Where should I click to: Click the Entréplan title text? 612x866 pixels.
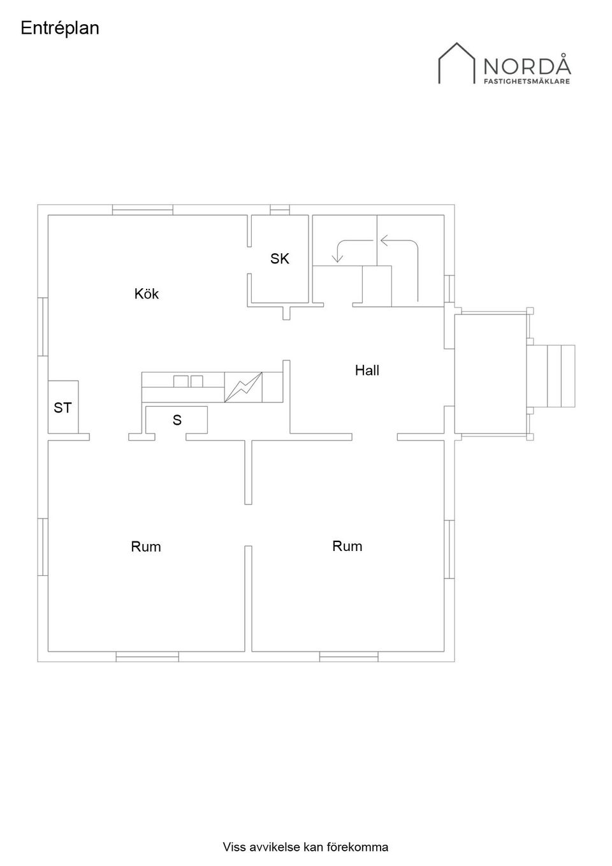click(60, 29)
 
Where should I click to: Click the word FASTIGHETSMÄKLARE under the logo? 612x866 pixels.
click(527, 82)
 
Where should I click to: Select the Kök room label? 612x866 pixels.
click(147, 294)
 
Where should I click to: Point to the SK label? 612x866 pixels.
click(280, 259)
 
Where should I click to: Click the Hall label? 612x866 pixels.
click(367, 371)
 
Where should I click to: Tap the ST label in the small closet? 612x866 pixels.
click(62, 407)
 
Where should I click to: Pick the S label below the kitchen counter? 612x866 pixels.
click(177, 420)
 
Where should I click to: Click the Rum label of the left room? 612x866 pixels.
click(145, 547)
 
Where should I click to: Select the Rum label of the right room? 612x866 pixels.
click(347, 547)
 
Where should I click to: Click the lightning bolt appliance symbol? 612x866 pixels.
click(243, 387)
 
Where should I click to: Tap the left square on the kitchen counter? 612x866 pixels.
click(181, 381)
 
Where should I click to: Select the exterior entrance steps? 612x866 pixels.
click(551, 376)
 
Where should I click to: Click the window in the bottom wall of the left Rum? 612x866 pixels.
click(147, 656)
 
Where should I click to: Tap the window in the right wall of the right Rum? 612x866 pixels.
click(449, 549)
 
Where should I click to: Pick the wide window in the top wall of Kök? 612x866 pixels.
click(143, 210)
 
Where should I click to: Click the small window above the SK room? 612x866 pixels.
click(280, 210)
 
